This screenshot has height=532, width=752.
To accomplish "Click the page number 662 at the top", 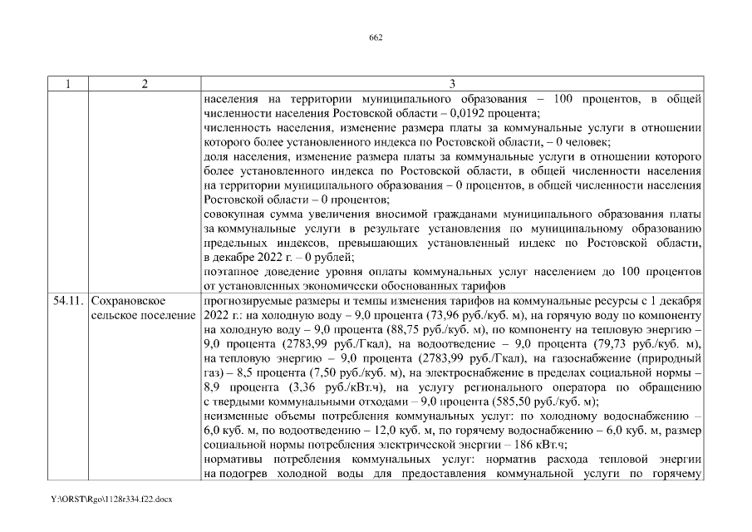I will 376,37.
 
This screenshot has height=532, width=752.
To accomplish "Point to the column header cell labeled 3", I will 451,84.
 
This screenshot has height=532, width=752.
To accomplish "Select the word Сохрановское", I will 128,299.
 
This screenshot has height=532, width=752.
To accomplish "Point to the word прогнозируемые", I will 248,299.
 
